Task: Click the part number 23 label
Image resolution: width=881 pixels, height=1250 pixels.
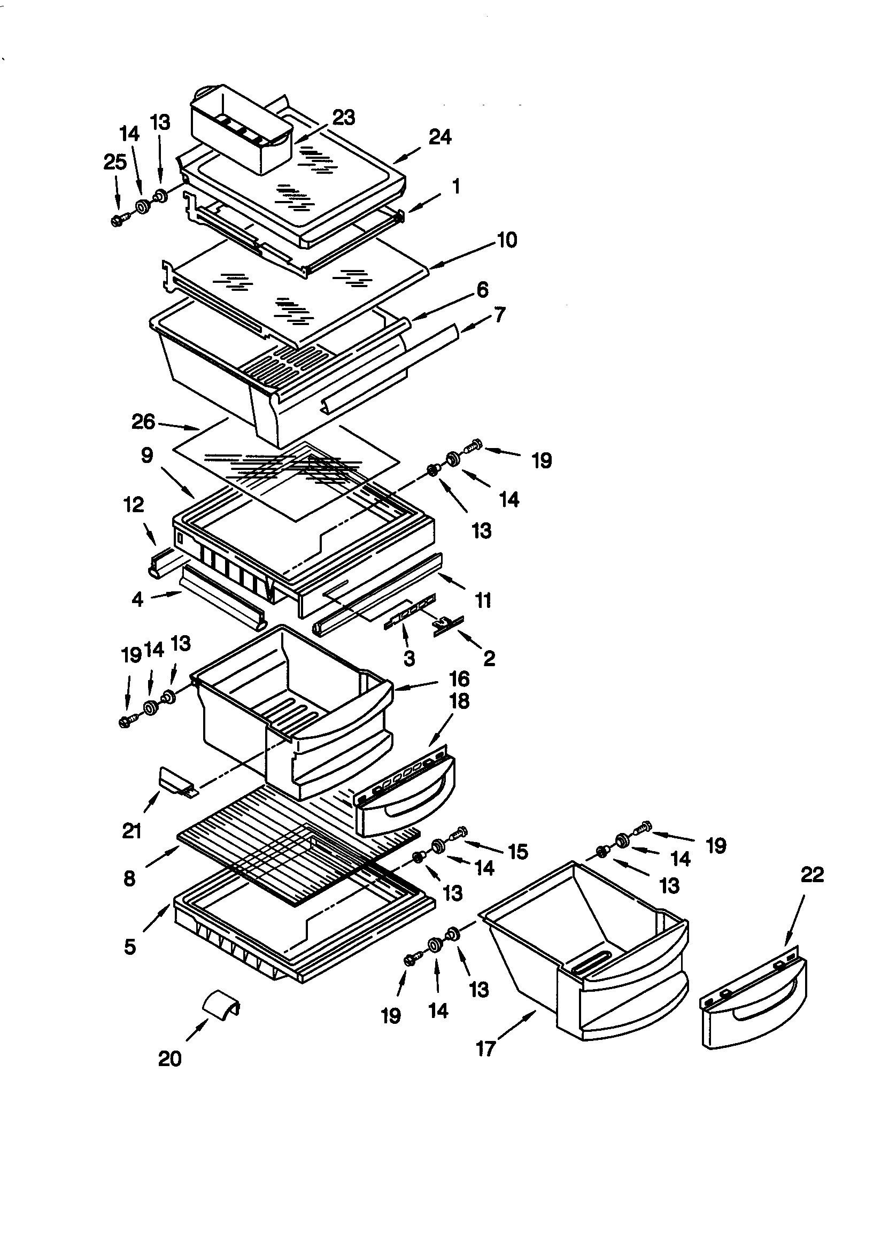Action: tap(344, 118)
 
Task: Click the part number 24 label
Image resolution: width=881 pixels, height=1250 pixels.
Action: tap(440, 137)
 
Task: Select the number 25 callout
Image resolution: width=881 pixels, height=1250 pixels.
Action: tap(115, 162)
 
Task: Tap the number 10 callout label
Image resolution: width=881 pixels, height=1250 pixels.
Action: tap(506, 240)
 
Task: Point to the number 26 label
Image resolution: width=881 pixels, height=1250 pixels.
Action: tap(143, 422)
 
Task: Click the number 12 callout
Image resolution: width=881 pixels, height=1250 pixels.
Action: tap(134, 505)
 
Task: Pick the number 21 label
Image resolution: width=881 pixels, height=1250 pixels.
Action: tap(132, 831)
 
